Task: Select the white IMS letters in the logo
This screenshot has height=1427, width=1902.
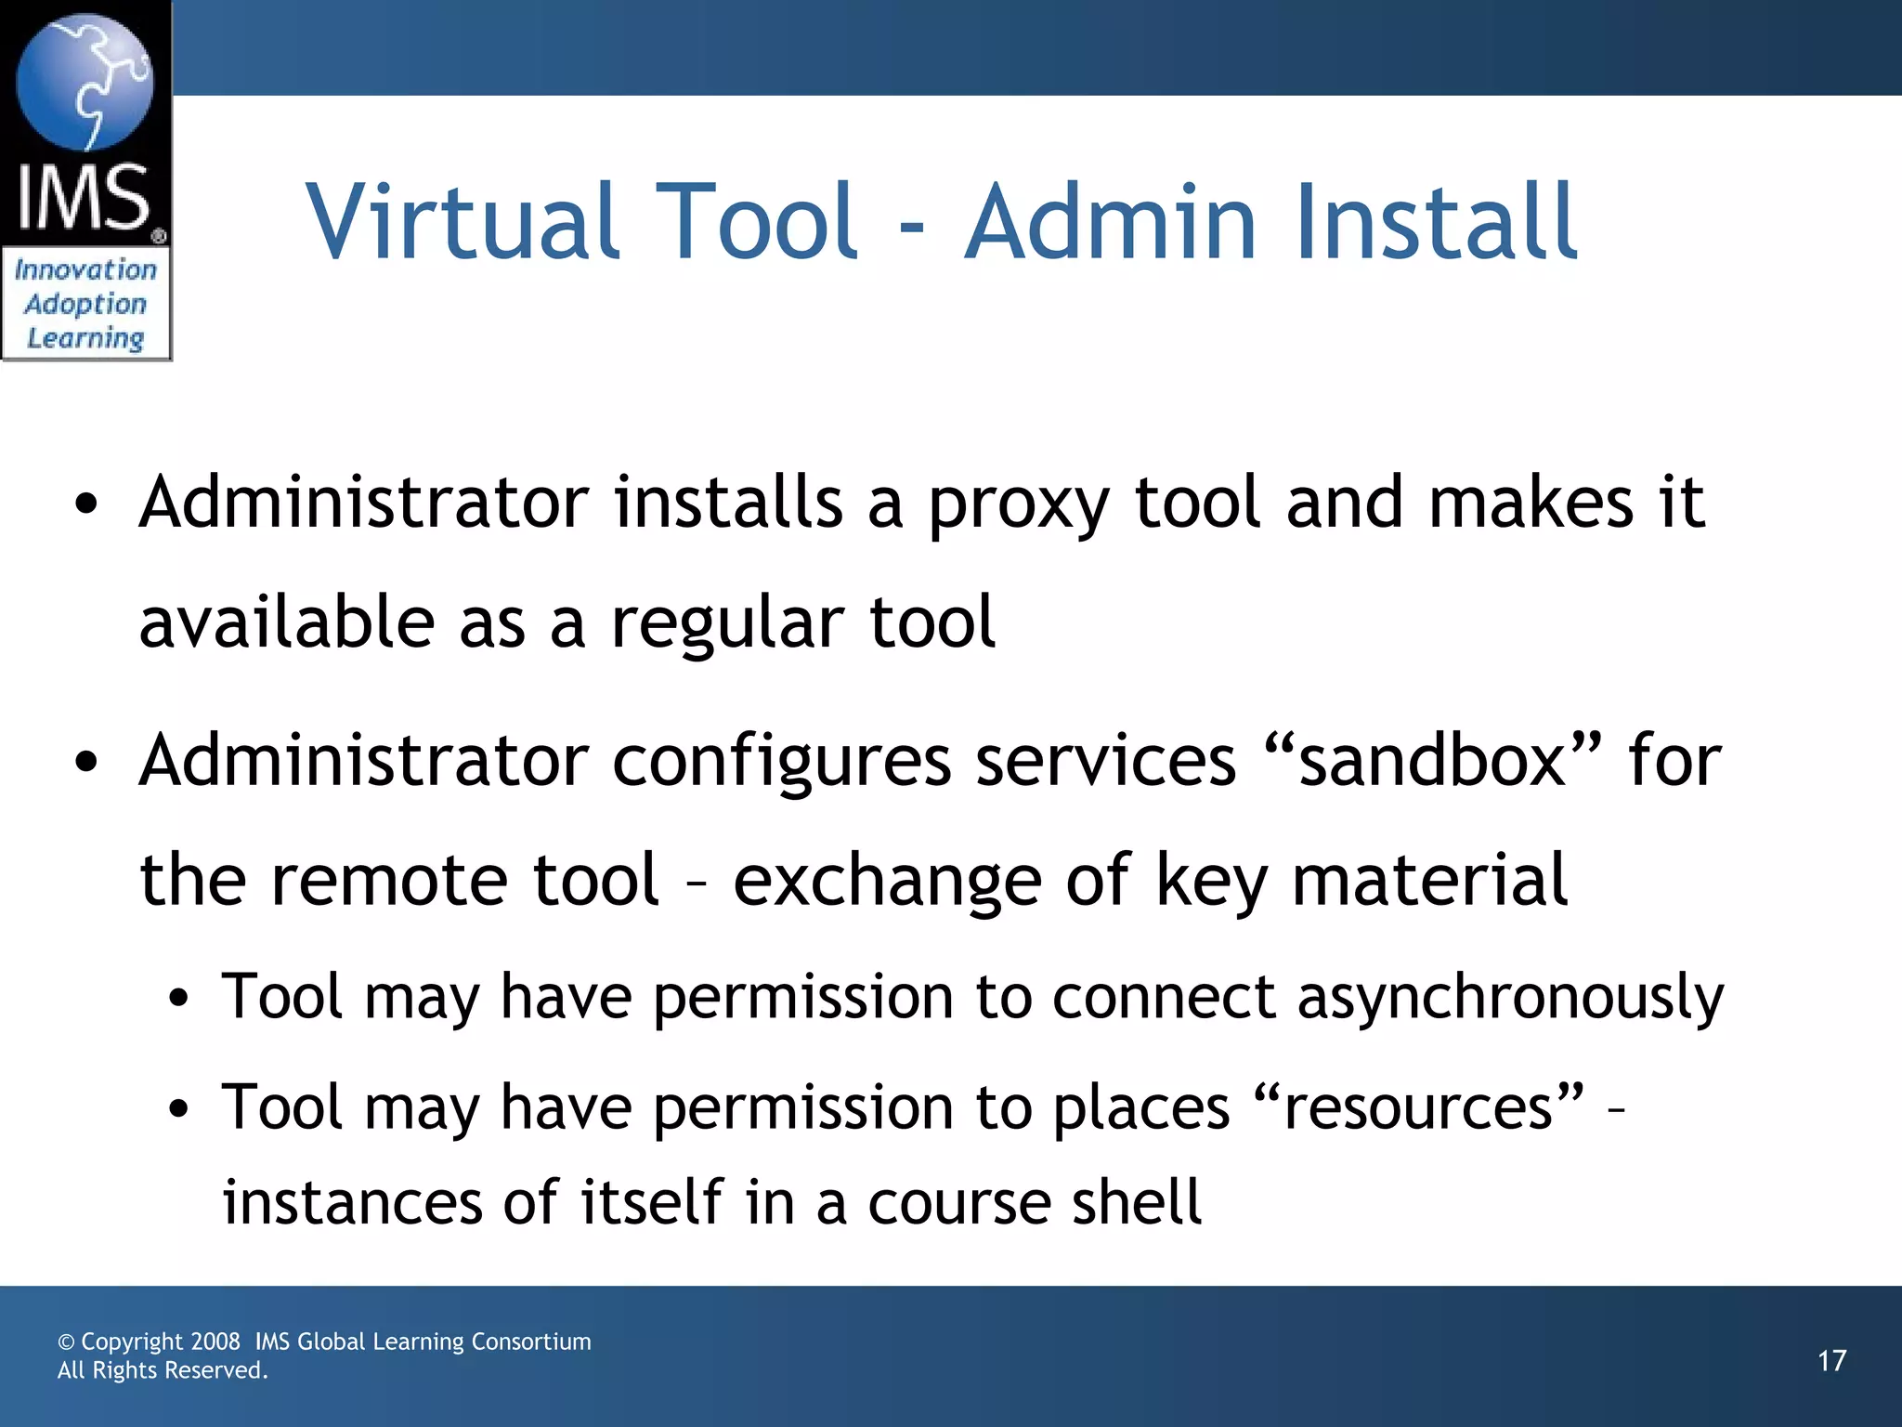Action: coord(84,197)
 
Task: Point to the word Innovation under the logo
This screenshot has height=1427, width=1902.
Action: coord(85,269)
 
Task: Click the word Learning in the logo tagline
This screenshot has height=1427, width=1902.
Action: coord(85,338)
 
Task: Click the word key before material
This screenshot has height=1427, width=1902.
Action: coord(1211,881)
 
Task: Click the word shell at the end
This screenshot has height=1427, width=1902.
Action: coord(1137,1202)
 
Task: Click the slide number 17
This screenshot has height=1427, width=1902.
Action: coord(1831,1361)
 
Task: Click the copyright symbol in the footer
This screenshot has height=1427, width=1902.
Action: coord(66,1342)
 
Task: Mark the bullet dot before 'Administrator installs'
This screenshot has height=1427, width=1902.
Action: coord(86,504)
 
